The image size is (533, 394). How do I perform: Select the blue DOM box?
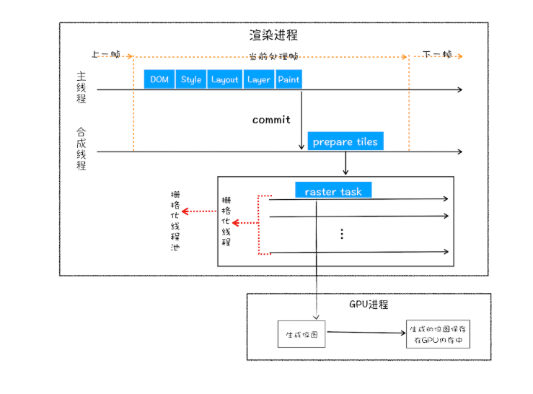click(x=159, y=79)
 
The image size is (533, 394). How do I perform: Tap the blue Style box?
click(x=191, y=79)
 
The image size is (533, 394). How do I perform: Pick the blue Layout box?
click(x=224, y=79)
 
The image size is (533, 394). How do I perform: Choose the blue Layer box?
click(x=258, y=79)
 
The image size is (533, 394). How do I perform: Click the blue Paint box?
click(x=288, y=79)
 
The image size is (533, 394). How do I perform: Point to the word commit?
click(x=271, y=120)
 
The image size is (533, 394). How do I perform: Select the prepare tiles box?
click(x=345, y=142)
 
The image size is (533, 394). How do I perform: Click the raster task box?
click(x=333, y=191)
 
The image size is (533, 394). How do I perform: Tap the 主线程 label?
click(x=82, y=87)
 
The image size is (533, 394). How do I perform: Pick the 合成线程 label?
click(x=82, y=149)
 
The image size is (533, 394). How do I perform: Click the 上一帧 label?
click(x=105, y=54)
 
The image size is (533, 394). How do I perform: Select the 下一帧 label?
click(x=437, y=54)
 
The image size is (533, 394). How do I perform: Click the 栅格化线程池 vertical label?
click(x=174, y=220)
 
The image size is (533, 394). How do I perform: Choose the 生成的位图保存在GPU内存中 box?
click(x=438, y=333)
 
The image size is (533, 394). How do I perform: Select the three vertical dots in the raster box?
click(x=342, y=234)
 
